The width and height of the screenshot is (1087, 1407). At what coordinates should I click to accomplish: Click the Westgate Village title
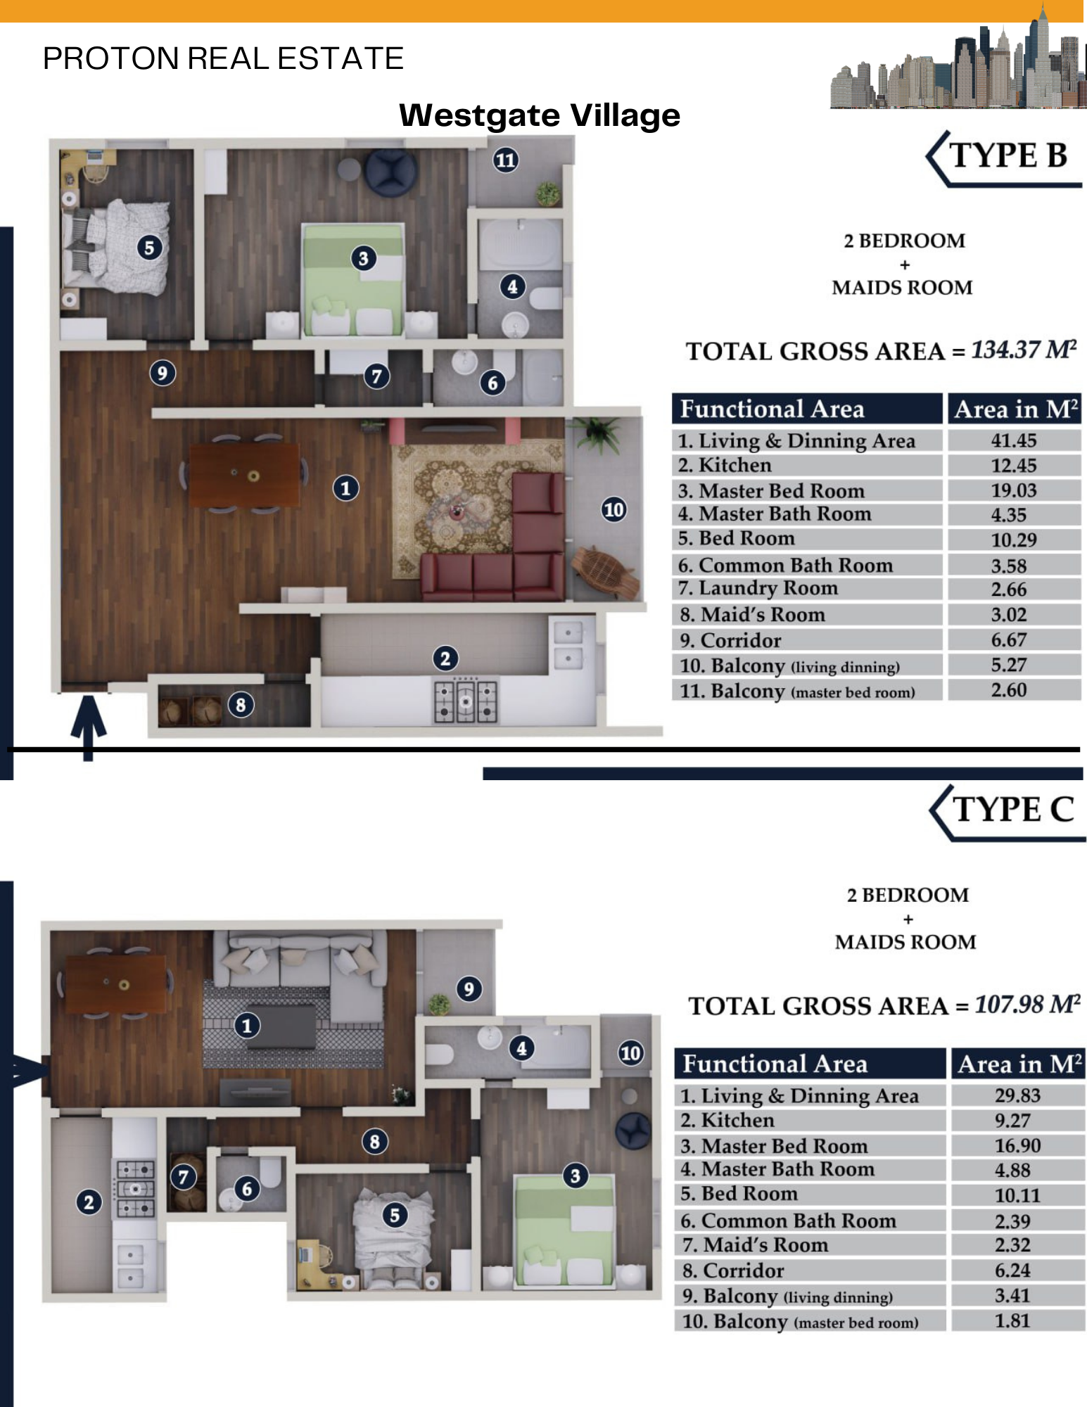[x=540, y=115]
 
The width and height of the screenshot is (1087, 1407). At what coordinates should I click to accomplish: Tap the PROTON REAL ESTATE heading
[x=223, y=58]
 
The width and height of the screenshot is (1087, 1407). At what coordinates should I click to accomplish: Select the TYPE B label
[x=1008, y=155]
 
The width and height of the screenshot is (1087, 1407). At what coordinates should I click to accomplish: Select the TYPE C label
[x=1013, y=810]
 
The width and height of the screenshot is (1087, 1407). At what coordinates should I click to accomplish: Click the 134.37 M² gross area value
[x=1024, y=350]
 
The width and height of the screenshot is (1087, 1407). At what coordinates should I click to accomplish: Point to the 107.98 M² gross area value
[x=1027, y=1005]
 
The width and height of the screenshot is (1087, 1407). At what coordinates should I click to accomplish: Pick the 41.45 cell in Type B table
[x=1014, y=440]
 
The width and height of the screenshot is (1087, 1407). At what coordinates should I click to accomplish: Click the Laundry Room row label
[x=758, y=588]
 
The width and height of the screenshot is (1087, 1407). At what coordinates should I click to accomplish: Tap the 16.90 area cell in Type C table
[x=1017, y=1145]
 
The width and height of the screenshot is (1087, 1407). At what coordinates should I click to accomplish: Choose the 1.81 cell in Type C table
[x=1012, y=1320]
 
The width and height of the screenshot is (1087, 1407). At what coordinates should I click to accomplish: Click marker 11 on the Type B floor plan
[x=505, y=160]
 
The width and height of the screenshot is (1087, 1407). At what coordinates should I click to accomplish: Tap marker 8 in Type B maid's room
[x=241, y=705]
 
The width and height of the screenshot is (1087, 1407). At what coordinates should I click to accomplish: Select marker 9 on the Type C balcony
[x=469, y=989]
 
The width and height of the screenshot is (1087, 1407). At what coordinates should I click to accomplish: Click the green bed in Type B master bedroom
[x=353, y=280]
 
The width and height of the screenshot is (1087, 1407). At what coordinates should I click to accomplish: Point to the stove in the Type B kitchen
[x=466, y=701]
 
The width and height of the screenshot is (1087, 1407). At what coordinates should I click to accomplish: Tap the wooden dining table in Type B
[x=244, y=475]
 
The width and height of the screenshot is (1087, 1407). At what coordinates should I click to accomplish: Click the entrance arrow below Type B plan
[x=89, y=728]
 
